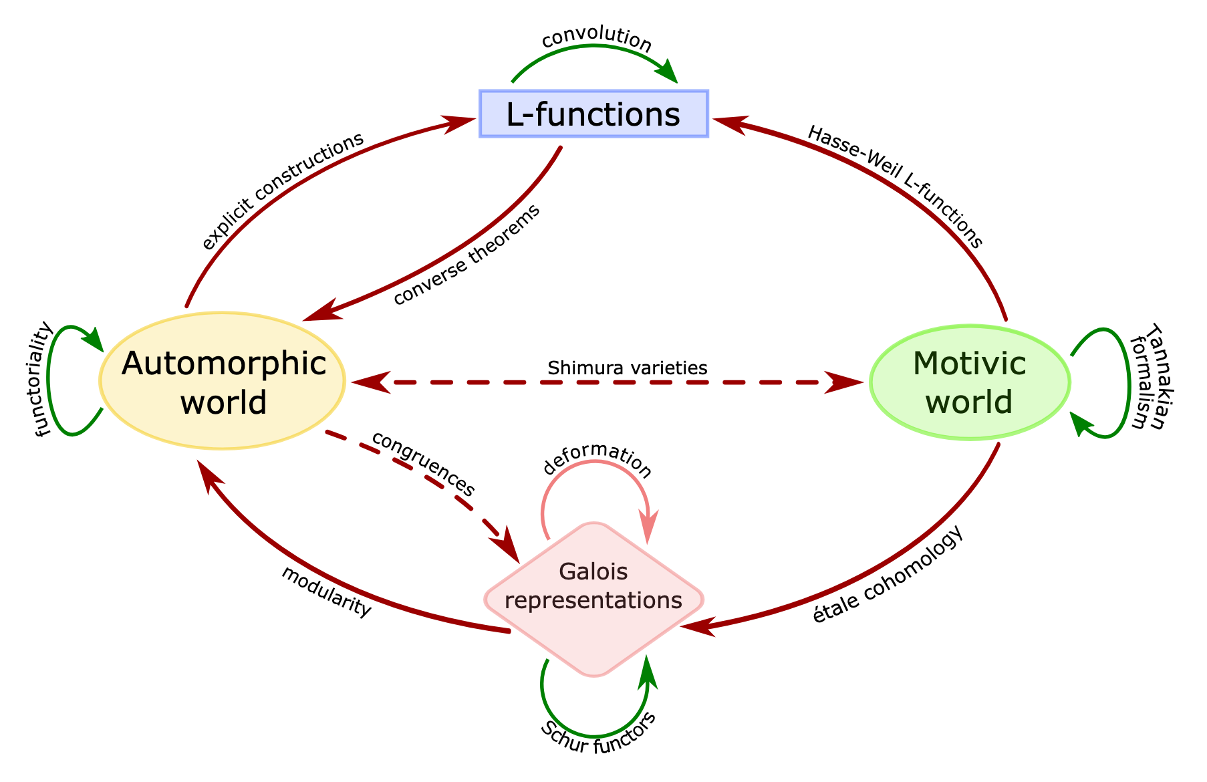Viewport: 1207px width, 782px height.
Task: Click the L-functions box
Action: click(593, 114)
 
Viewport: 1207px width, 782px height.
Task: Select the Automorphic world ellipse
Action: click(223, 381)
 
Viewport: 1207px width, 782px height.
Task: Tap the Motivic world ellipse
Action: click(969, 382)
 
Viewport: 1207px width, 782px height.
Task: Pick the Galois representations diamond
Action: click(593, 600)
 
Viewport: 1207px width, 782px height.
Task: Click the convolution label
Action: click(596, 41)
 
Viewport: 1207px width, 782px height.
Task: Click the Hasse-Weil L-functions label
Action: click(896, 186)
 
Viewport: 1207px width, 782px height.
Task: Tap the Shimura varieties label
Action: click(627, 368)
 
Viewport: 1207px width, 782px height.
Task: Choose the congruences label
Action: click(423, 463)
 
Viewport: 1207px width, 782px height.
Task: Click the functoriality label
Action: click(43, 379)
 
